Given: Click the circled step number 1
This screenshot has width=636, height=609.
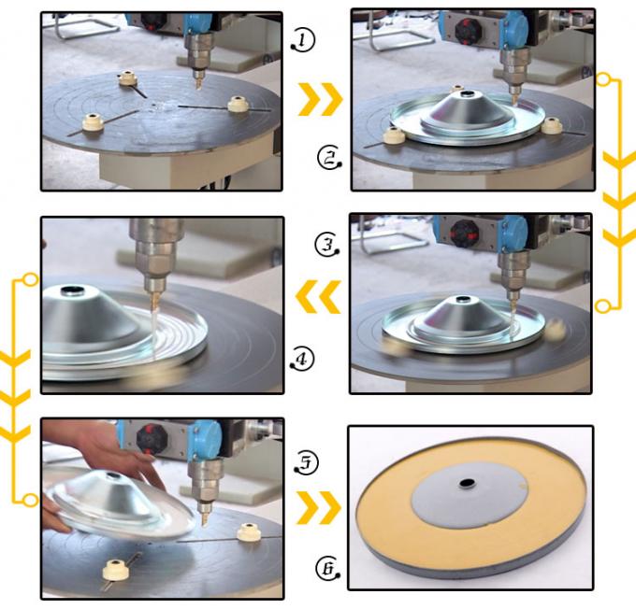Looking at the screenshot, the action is (x=303, y=41).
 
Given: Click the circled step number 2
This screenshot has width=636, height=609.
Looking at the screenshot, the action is (x=329, y=158).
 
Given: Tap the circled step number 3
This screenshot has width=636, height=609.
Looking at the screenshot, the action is (x=327, y=245).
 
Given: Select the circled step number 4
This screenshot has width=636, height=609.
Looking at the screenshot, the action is (x=302, y=359).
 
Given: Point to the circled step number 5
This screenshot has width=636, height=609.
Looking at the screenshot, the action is (x=306, y=462).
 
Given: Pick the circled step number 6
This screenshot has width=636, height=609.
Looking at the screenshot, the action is (x=327, y=568).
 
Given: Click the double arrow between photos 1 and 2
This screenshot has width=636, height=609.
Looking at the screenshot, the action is (x=320, y=99).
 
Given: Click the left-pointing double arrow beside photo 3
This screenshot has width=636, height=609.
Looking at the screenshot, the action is (x=318, y=296).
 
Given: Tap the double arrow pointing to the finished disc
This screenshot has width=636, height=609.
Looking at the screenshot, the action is (x=319, y=508).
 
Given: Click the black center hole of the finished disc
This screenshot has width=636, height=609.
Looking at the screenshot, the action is (x=467, y=483).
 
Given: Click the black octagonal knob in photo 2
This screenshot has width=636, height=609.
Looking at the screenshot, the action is (x=466, y=30).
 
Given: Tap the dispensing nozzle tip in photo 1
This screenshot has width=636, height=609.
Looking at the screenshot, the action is (x=198, y=87).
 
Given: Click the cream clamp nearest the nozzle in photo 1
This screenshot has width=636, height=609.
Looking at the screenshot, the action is (x=128, y=78).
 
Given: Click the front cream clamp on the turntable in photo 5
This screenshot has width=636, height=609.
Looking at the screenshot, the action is (x=116, y=569).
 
